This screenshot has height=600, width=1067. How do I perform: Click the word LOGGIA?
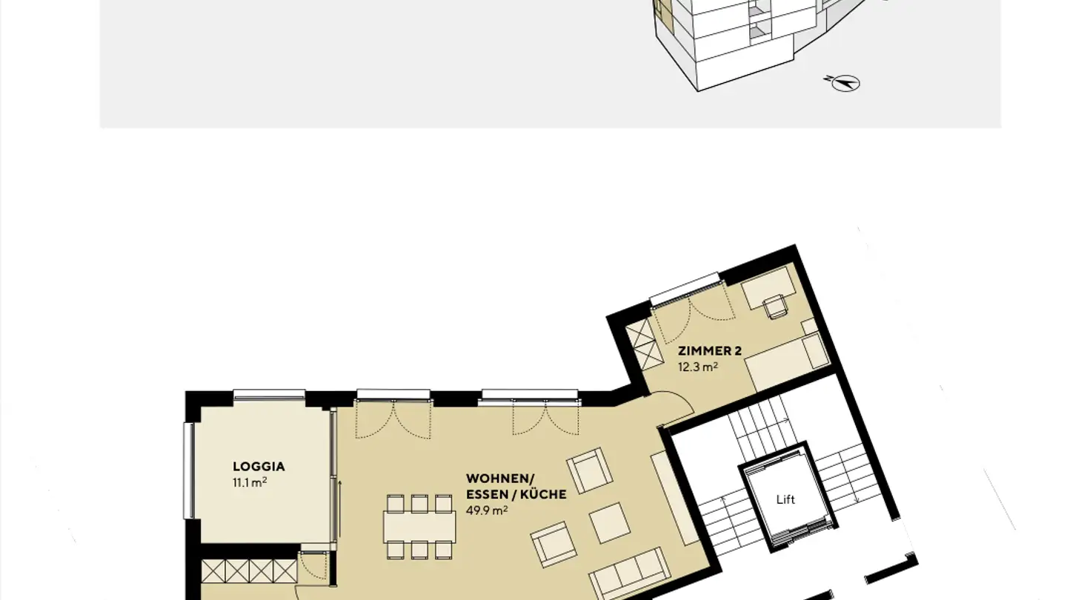tap(259, 467)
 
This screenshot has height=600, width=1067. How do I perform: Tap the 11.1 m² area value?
tap(250, 483)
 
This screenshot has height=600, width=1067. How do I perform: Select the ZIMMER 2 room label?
tap(710, 351)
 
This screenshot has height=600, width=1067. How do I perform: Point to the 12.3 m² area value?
tap(698, 367)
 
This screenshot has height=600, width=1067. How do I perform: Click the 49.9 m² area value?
tap(486, 510)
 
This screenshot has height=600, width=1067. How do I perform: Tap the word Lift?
tap(785, 500)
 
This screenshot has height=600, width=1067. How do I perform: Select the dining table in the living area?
tap(419, 527)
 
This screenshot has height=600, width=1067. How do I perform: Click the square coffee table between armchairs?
tap(610, 522)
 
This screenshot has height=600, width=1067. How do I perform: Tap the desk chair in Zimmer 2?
tap(777, 306)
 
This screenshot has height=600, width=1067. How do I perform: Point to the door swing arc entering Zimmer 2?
tap(677, 411)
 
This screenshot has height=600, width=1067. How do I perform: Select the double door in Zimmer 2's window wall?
tap(691, 311)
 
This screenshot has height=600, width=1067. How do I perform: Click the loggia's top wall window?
tap(269, 396)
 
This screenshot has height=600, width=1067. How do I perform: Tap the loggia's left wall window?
tap(188, 470)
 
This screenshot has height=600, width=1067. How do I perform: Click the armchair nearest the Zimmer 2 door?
tap(590, 470)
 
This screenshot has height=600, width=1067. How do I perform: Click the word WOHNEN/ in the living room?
tap(499, 479)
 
